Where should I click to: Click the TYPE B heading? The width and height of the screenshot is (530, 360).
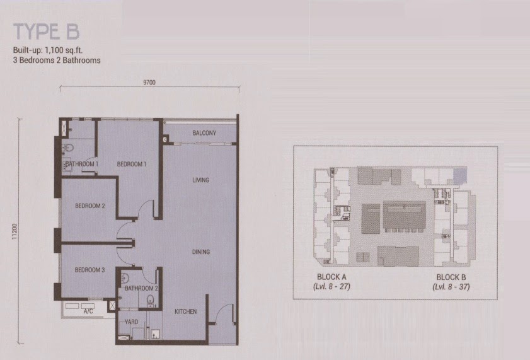click(46, 32)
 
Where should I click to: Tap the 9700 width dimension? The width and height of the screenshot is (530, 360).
click(149, 83)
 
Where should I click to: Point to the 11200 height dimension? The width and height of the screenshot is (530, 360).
click(14, 231)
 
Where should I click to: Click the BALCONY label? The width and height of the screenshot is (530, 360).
click(204, 133)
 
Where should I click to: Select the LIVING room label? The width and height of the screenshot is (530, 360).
click(200, 180)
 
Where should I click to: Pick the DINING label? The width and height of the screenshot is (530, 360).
click(201, 252)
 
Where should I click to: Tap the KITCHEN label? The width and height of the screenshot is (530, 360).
click(185, 311)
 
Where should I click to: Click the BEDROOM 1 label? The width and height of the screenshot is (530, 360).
click(132, 165)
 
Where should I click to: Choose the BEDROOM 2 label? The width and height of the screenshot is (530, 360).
click(90, 206)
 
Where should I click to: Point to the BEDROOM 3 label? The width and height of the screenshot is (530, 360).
click(89, 270)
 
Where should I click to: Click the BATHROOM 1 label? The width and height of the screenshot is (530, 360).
click(82, 164)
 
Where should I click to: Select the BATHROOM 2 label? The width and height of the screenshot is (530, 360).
click(141, 288)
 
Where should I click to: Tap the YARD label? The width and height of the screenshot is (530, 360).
click(131, 322)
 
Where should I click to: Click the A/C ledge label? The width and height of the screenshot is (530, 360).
click(88, 311)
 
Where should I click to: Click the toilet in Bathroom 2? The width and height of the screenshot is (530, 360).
click(150, 299)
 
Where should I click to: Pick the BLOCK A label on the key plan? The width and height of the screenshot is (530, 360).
click(331, 277)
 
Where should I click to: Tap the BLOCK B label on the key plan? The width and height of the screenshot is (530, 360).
click(451, 277)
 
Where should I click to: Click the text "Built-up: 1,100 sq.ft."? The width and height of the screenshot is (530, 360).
click(48, 50)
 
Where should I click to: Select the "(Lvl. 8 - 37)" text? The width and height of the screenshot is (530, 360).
click(451, 287)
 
